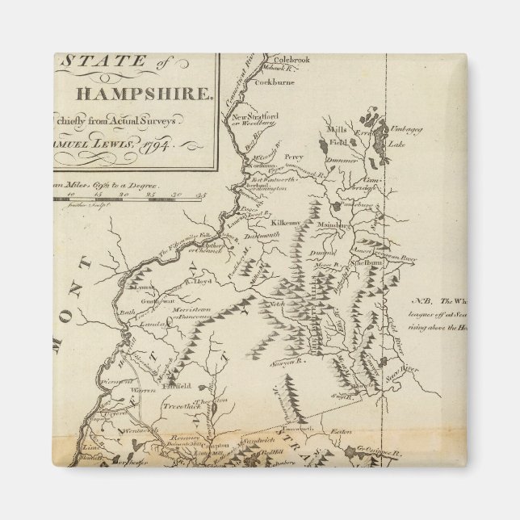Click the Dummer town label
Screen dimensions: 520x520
pyautogui.click(x=344, y=161)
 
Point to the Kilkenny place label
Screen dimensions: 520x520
pyautogui.click(x=287, y=220)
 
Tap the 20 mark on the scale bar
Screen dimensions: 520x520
pyautogui.click(x=124, y=194)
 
